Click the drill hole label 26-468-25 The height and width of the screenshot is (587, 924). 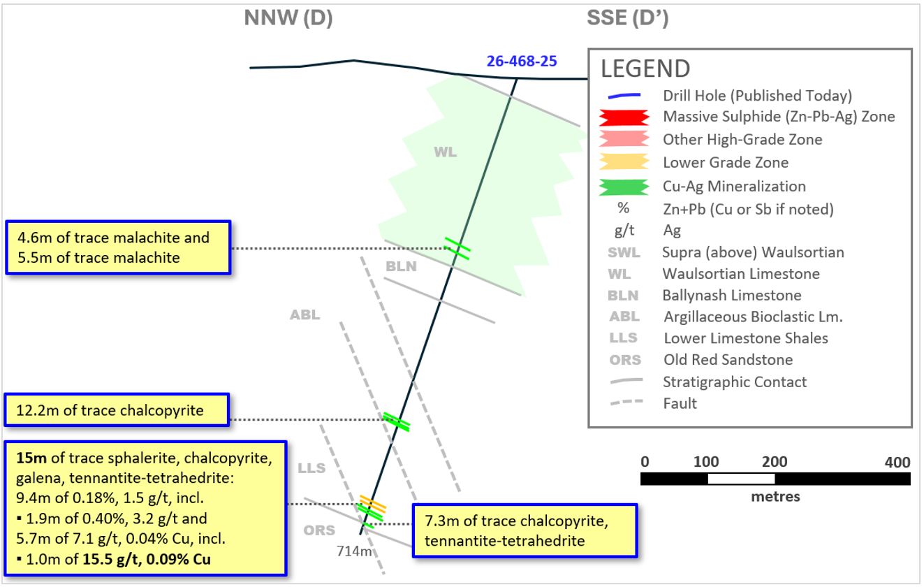522,61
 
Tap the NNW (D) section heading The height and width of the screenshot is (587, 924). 288,18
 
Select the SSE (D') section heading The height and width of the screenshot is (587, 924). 627,18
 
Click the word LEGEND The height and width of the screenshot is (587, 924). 645,68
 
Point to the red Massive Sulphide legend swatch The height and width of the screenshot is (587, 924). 624,117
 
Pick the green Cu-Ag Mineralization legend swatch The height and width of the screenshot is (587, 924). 624,187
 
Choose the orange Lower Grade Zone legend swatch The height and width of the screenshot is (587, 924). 624,161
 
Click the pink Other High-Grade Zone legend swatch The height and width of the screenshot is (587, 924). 624,138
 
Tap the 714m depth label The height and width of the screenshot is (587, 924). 354,551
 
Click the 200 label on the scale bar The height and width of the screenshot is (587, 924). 775,461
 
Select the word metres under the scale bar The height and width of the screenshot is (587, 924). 775,497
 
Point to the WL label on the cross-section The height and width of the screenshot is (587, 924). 445,152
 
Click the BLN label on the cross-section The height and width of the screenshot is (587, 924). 401,266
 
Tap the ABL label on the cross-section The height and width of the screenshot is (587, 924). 305,314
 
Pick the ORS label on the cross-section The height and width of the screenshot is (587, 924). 319,530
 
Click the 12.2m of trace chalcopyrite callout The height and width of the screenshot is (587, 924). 117,410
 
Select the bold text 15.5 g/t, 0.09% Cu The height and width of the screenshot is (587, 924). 147,559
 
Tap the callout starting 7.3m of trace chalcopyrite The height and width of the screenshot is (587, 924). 525,530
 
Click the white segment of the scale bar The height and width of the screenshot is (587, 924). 741,479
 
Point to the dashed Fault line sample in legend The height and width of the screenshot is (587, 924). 626,402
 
